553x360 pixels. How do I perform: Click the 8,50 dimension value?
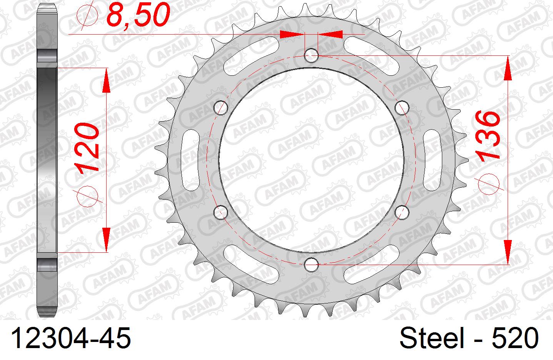138,15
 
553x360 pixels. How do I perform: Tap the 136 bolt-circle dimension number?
488,135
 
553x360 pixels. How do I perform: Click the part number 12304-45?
71,338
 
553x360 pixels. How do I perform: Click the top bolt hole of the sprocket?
311,55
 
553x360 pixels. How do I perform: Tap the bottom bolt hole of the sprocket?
311,265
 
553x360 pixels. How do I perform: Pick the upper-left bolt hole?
221,108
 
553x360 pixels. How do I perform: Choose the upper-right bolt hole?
402,108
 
